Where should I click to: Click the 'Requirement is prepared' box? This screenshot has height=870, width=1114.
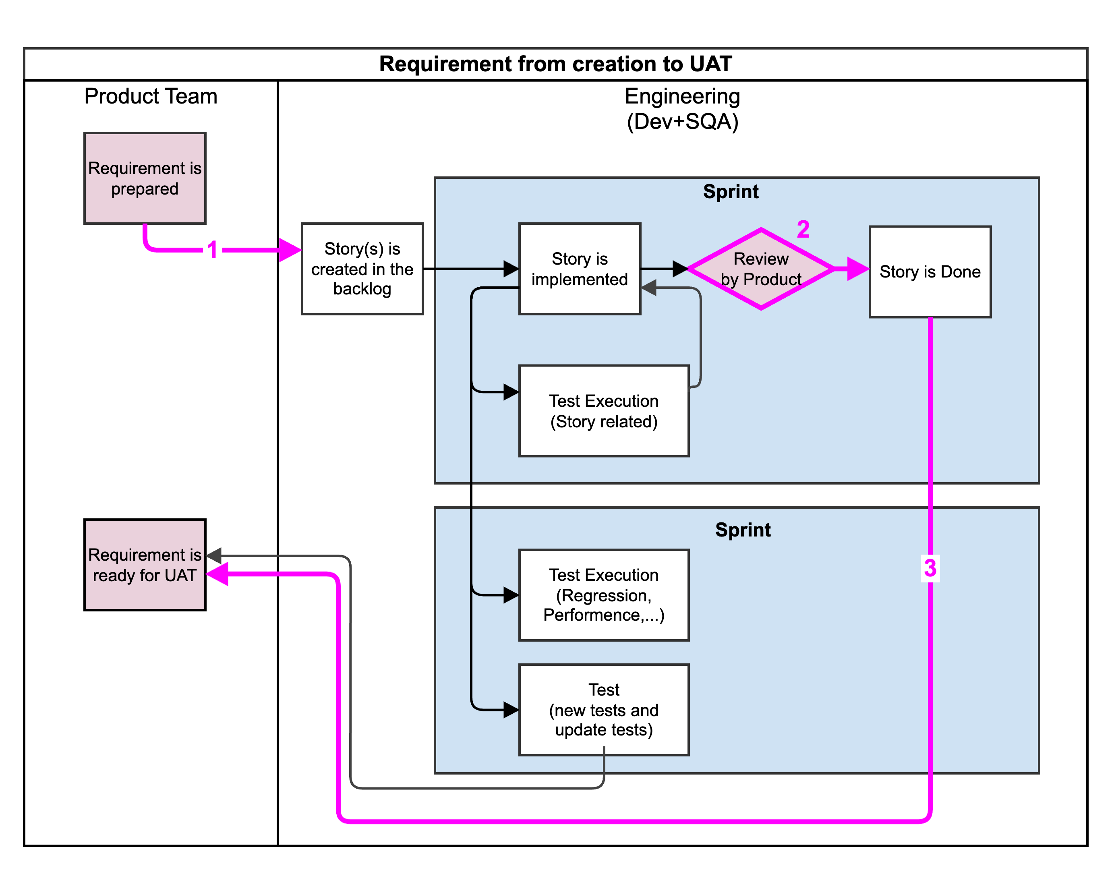click(x=145, y=178)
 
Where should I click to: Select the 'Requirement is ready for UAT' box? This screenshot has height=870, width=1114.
click(x=145, y=565)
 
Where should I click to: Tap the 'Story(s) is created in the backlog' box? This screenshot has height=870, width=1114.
click(x=362, y=269)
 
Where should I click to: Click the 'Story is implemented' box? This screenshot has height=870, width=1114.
click(x=580, y=269)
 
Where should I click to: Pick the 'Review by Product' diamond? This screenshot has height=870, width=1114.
click(x=760, y=269)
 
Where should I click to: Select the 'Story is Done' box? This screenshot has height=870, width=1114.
click(x=930, y=272)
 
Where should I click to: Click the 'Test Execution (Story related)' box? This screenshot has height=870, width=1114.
click(x=603, y=411)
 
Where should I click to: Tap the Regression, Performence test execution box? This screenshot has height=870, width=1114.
click(x=603, y=594)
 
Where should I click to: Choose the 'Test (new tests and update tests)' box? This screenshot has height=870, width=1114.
click(x=603, y=709)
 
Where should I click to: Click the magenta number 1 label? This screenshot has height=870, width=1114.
click(x=213, y=250)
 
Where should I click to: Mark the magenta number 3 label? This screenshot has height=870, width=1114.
click(x=930, y=568)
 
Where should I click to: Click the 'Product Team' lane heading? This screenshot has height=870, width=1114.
click(x=151, y=96)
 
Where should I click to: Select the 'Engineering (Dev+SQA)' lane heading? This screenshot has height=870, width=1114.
click(x=682, y=109)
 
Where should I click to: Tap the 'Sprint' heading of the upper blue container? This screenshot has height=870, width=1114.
click(x=731, y=192)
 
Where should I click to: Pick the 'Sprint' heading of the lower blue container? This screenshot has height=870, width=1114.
click(x=743, y=530)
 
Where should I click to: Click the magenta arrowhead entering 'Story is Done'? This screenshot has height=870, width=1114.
click(x=858, y=269)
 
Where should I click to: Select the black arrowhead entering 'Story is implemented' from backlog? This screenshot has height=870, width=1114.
click(x=511, y=269)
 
